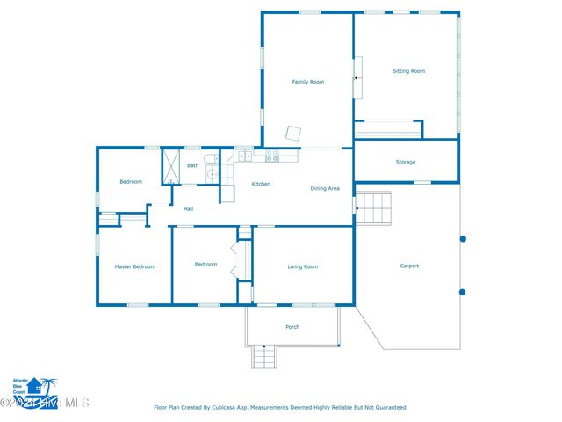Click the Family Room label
click(307, 82)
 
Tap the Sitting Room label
click(408, 71)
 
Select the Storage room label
click(405, 162)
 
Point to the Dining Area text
click(325, 188)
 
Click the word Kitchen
click(261, 184)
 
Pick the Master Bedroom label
click(134, 266)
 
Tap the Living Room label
click(303, 266)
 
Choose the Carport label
click(409, 266)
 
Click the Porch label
click(292, 327)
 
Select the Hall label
click(188, 209)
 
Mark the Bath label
click(192, 165)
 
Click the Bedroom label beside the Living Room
click(205, 265)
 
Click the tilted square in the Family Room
click(293, 134)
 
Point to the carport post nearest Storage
click(463, 238)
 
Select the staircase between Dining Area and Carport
click(372, 208)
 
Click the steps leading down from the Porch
click(264, 357)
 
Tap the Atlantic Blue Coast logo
click(33, 387)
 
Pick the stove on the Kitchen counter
click(272, 156)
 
